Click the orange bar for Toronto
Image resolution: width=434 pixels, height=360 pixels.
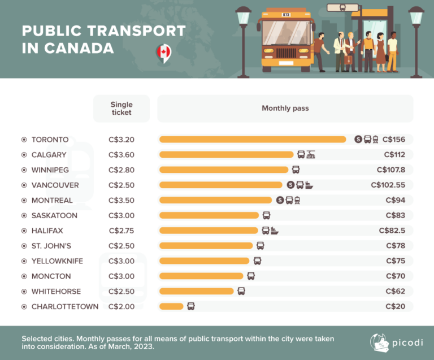click(253, 139)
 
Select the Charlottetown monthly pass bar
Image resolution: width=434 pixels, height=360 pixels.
click(171, 306)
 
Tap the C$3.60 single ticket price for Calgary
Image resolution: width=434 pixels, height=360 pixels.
click(121, 154)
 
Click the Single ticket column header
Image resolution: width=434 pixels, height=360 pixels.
click(121, 108)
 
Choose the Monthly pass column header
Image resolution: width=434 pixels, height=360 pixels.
click(285, 108)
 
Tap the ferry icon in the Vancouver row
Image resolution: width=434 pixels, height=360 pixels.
click(309, 185)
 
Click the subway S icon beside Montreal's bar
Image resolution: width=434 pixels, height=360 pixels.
click(280, 200)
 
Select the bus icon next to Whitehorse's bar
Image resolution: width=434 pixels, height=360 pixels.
click(241, 291)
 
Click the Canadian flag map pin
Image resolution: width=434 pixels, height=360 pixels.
click(163, 53)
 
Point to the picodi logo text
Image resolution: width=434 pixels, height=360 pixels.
click(402, 343)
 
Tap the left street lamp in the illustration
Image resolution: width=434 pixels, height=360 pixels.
click(244, 40)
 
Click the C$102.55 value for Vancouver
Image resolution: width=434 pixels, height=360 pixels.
click(392, 185)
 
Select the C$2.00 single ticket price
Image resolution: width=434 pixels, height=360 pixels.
click(121, 306)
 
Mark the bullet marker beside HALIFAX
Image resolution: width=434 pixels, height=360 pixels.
click(24, 231)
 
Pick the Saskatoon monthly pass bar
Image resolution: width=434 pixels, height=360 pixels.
click(209, 215)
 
